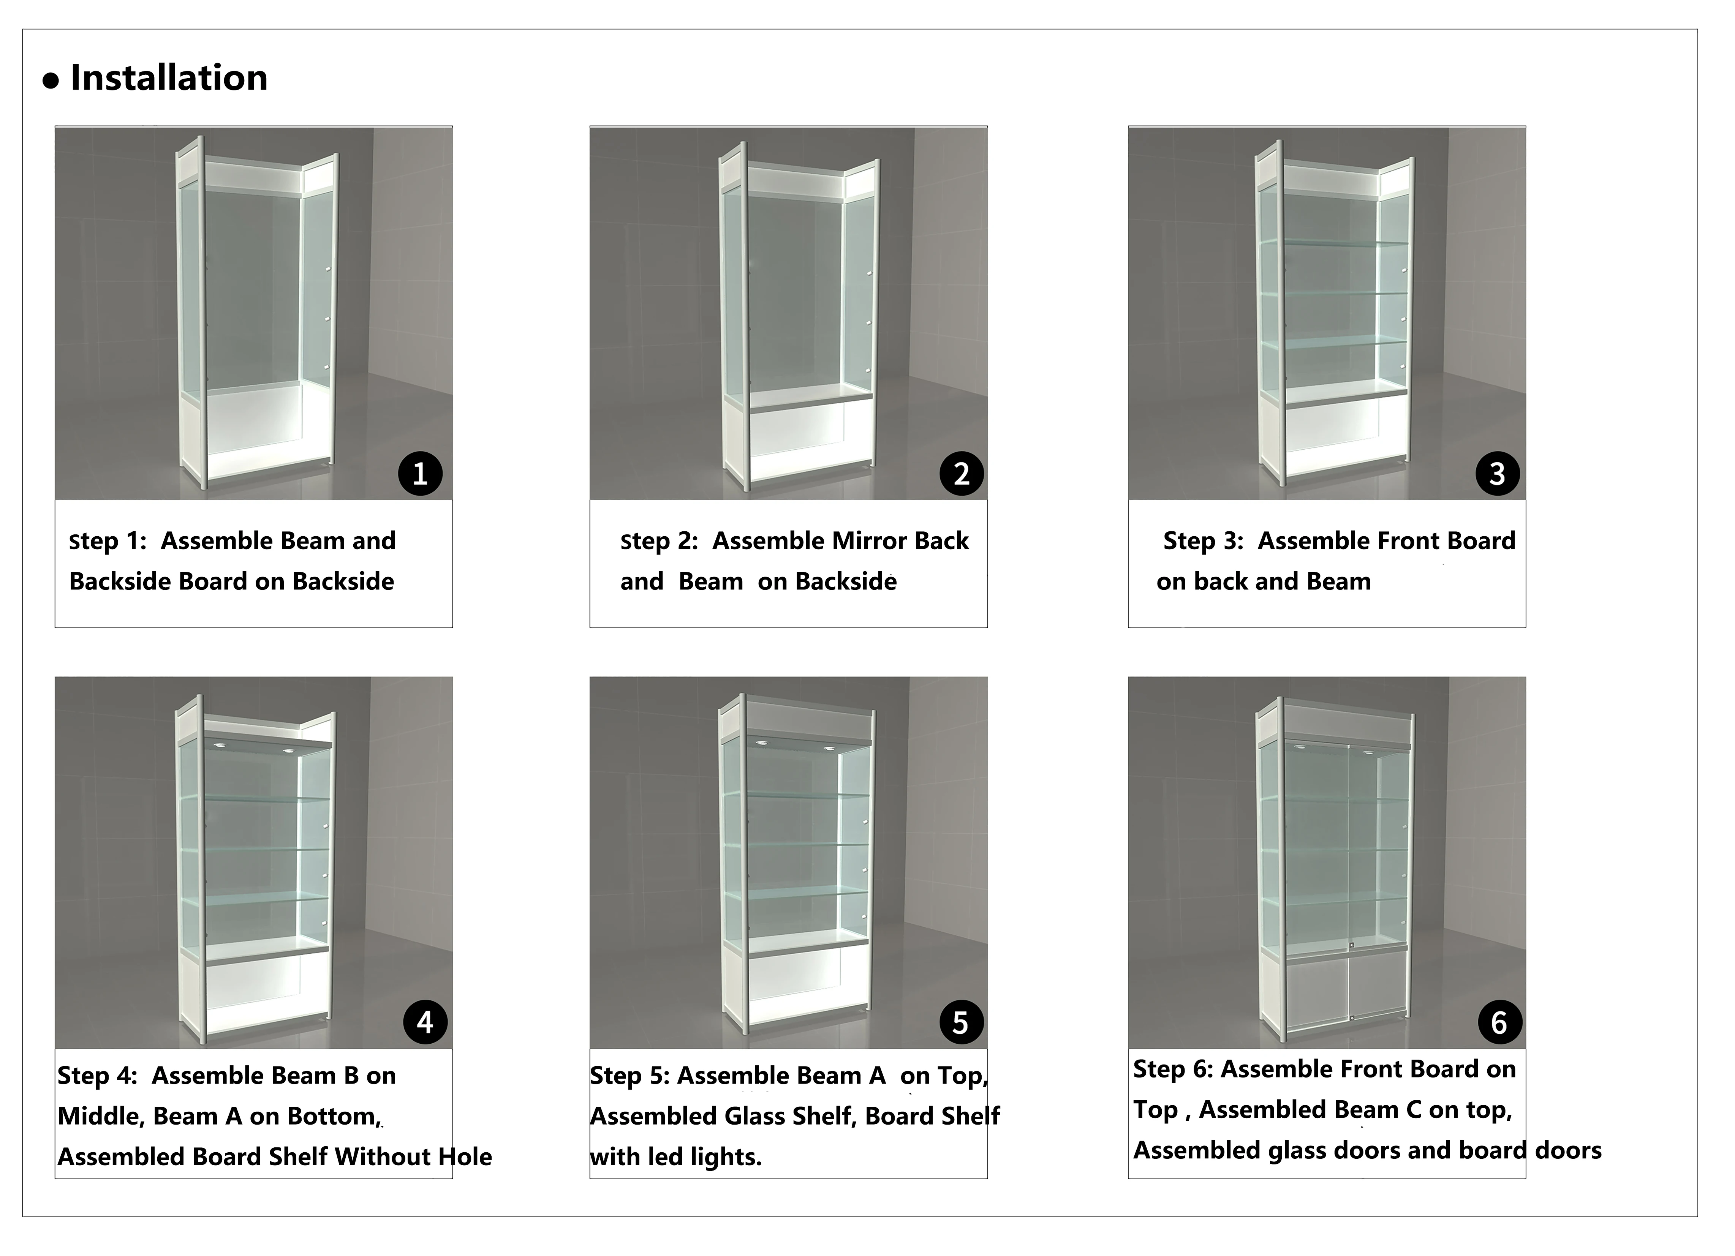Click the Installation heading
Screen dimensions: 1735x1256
(169, 78)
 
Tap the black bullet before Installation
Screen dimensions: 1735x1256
(51, 81)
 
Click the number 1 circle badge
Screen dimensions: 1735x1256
(420, 474)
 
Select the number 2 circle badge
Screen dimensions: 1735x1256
(962, 474)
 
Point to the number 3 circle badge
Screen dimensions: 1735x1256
(1497, 474)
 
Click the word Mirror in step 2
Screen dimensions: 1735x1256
(868, 541)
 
